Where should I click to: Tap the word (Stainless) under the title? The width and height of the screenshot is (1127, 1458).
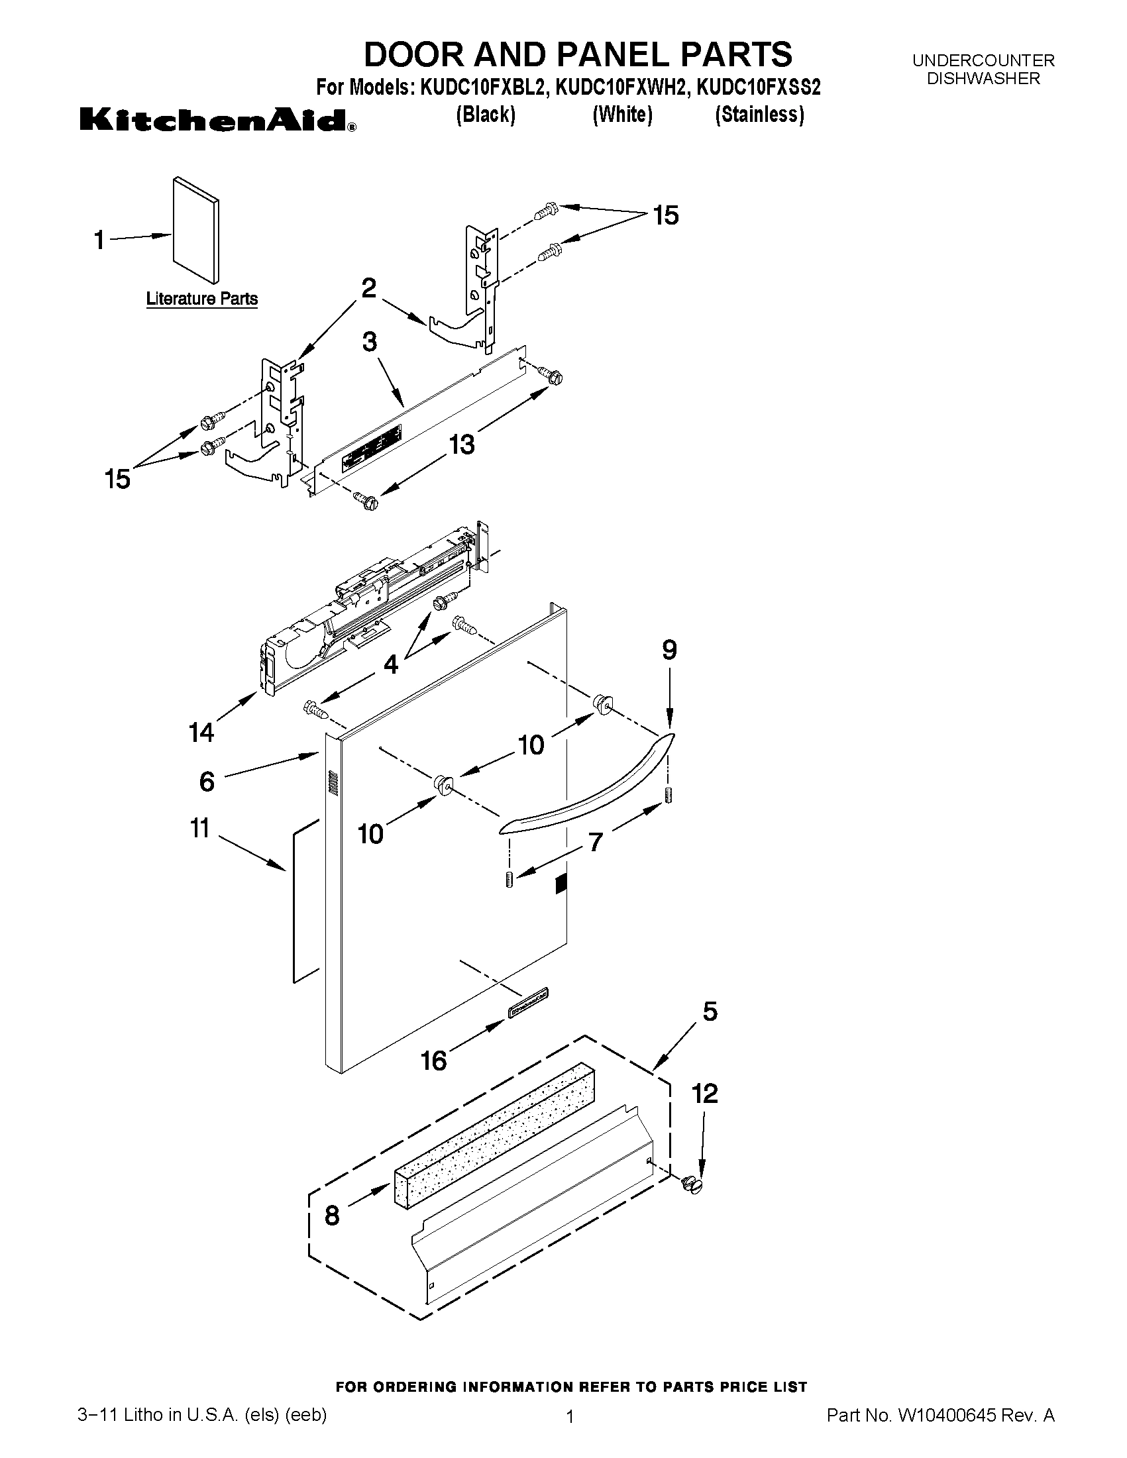click(759, 115)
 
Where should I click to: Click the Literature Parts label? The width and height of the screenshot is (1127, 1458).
click(201, 298)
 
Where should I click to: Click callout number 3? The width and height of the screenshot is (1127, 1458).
click(369, 342)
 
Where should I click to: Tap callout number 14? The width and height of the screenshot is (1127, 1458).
click(200, 733)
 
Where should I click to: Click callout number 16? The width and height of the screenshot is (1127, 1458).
click(434, 1060)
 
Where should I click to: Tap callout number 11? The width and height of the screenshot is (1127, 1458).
click(199, 829)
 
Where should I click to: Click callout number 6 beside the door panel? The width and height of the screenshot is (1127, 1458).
click(207, 781)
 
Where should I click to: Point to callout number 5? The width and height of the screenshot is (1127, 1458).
click(710, 1012)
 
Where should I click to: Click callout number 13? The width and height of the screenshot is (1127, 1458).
click(462, 444)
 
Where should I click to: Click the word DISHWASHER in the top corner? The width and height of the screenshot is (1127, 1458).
click(983, 79)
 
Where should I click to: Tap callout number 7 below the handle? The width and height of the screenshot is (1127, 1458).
click(595, 843)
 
